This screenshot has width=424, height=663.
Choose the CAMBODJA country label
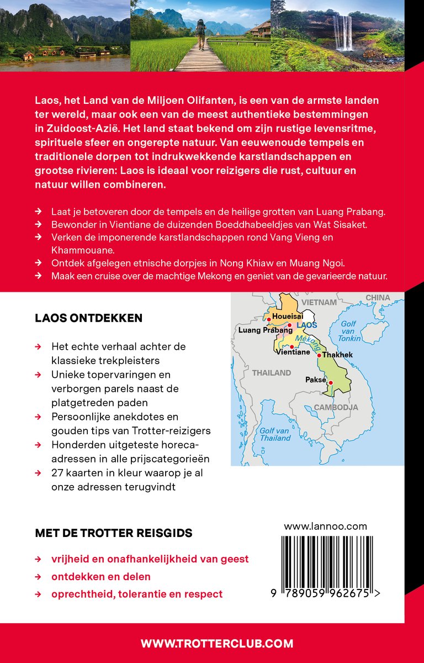tap(336, 407)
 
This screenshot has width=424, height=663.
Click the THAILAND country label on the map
tap(272, 373)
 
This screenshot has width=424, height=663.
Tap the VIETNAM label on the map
tap(319, 302)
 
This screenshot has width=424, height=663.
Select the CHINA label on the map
tap(378, 298)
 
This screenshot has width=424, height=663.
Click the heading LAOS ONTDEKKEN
tap(88, 318)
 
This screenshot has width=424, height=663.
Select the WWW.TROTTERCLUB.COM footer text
tap(217, 643)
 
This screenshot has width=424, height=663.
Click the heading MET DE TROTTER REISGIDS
tap(114, 533)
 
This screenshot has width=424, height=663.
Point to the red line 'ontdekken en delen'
tap(101, 576)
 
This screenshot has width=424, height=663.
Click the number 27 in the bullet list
tap(57, 473)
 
